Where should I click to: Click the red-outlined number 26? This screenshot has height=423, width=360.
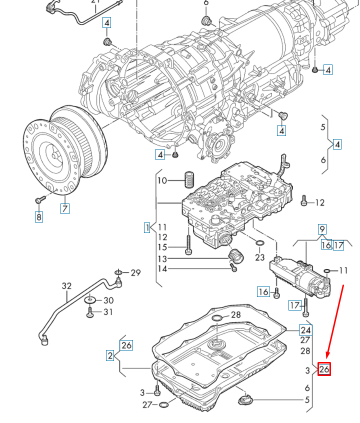324,369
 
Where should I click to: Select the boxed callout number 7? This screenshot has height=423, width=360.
65,208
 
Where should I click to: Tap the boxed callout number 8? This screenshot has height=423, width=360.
39,216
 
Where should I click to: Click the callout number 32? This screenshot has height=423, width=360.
67,286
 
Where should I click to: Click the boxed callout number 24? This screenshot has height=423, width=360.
305,329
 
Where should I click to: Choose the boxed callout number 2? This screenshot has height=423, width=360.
109,355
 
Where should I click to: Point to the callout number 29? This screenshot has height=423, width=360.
135,272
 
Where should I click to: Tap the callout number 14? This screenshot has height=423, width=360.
162,269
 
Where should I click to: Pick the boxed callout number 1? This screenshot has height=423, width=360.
147,228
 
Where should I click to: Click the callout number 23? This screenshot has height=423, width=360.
259,257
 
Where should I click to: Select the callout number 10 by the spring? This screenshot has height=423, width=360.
162,180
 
